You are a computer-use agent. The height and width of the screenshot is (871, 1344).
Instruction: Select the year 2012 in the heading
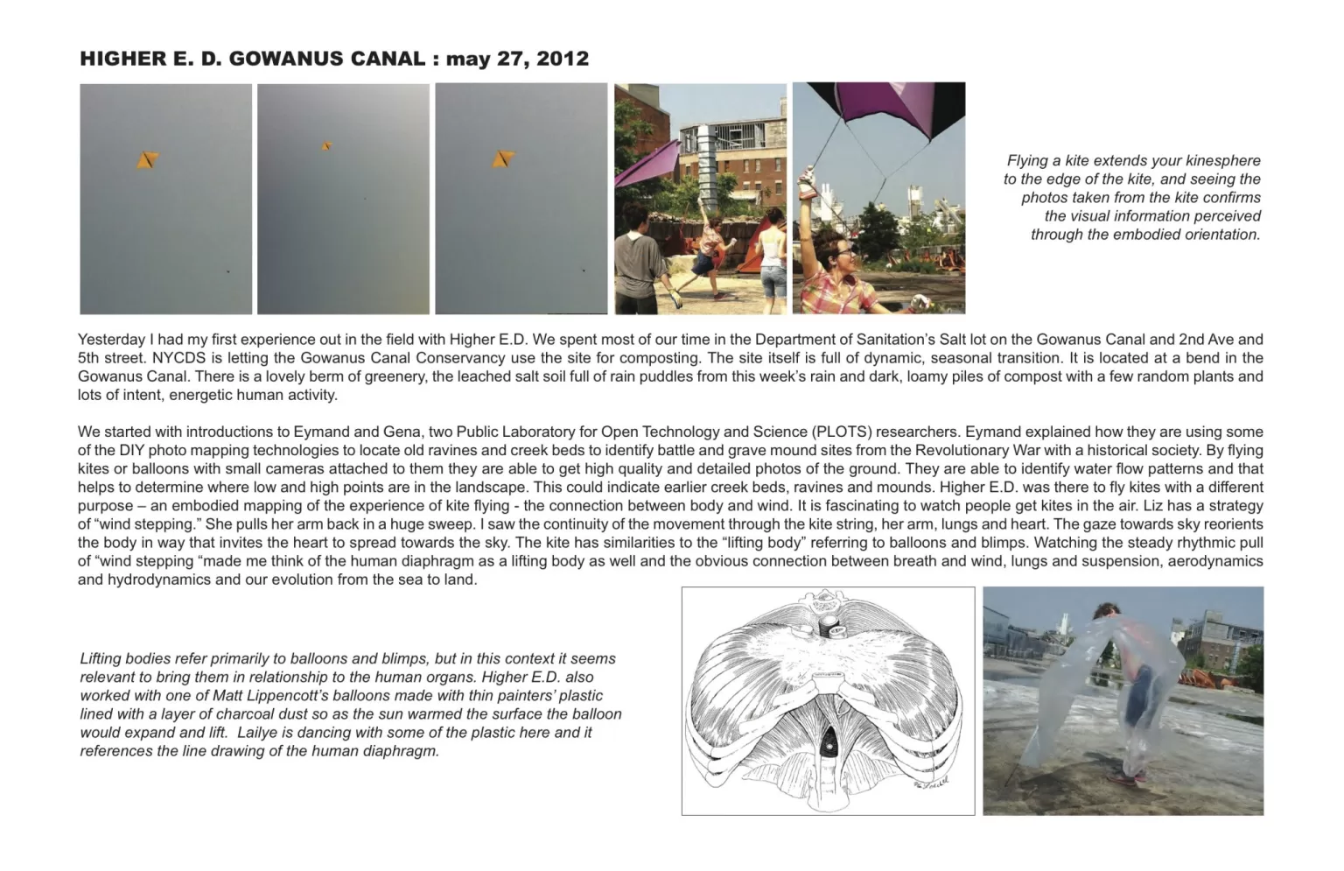click(x=563, y=59)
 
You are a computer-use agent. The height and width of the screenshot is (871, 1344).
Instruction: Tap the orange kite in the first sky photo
click(x=147, y=159)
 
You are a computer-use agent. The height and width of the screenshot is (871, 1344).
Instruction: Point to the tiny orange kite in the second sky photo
click(x=326, y=146)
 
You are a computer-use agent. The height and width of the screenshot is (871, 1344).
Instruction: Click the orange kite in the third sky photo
click(x=502, y=158)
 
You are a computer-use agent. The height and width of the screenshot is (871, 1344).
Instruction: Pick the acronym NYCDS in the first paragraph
click(x=175, y=358)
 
